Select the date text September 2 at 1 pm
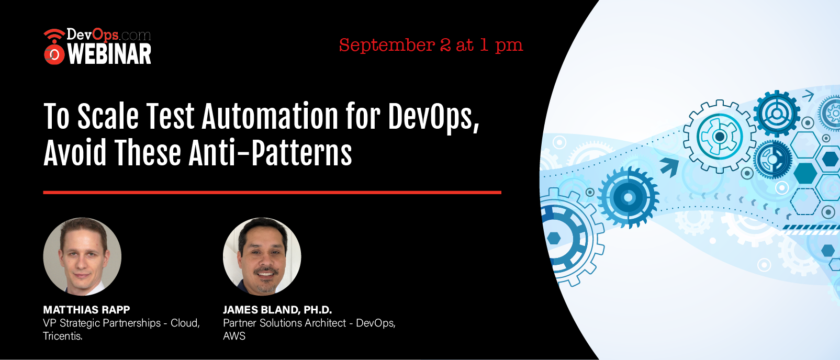click(x=431, y=46)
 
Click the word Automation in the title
click(x=270, y=116)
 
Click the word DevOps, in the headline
click(x=433, y=117)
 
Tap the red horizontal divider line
click(x=272, y=193)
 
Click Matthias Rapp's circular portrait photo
click(x=82, y=256)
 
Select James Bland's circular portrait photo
click(x=262, y=256)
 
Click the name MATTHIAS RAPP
click(x=86, y=310)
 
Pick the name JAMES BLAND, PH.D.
click(x=277, y=310)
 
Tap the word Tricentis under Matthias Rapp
click(x=63, y=335)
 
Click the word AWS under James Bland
click(x=234, y=335)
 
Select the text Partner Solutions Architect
click(x=284, y=323)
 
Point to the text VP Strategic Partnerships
click(x=102, y=323)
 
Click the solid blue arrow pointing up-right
click(x=670, y=166)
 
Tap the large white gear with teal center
click(x=719, y=137)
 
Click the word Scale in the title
click(x=108, y=116)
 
